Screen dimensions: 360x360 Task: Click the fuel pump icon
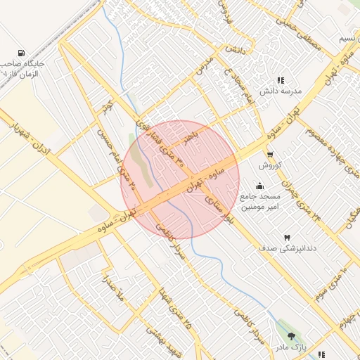pyautogui.click(x=21, y=53)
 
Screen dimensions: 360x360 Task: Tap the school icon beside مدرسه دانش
pyautogui.click(x=281, y=81)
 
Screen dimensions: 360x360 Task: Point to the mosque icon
pyautogui.click(x=260, y=186)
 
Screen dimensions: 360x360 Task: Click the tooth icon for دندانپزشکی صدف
pyautogui.click(x=285, y=238)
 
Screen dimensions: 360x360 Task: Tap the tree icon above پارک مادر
pyautogui.click(x=292, y=336)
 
